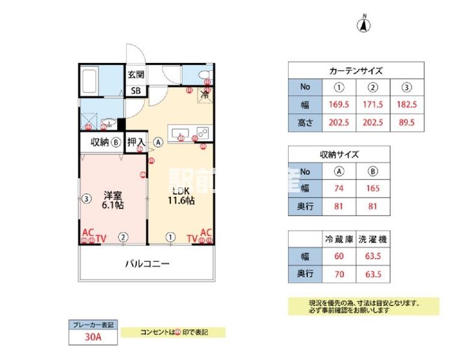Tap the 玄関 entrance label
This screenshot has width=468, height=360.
click(x=136, y=74)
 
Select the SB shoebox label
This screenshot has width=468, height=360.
click(x=136, y=90)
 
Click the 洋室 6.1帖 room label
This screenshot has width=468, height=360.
click(x=112, y=199)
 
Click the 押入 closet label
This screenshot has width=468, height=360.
click(x=136, y=142)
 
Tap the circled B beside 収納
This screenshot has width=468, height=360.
click(x=114, y=142)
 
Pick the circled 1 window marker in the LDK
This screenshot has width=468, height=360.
click(x=170, y=237)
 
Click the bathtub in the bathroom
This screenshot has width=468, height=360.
click(x=90, y=81)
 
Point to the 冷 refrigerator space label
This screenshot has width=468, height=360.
click(x=205, y=95)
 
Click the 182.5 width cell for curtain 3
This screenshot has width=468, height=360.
click(x=407, y=104)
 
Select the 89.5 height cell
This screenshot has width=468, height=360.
click(x=407, y=122)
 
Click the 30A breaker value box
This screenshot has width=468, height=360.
click(x=92, y=337)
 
